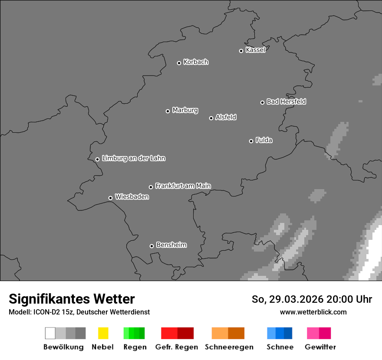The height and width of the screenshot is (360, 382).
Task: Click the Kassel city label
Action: click(x=255, y=50)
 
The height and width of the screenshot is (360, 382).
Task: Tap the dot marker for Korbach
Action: click(x=179, y=63)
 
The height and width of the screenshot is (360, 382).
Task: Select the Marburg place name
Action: click(x=185, y=110)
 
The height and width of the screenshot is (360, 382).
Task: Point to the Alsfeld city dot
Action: click(x=211, y=118)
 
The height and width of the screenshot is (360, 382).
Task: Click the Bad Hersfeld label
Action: click(x=286, y=101)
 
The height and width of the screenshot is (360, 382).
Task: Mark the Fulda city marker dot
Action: click(x=251, y=141)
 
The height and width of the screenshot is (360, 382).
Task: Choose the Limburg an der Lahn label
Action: click(x=133, y=158)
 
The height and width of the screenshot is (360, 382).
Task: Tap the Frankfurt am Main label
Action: click(x=183, y=186)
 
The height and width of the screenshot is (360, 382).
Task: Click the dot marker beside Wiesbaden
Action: click(x=110, y=198)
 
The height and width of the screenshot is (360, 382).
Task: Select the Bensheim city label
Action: click(x=171, y=245)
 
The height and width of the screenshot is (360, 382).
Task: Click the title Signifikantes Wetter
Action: click(x=72, y=299)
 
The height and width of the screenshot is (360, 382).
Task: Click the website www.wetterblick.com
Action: click(x=313, y=312)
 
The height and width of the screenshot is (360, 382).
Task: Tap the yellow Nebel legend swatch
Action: click(x=103, y=333)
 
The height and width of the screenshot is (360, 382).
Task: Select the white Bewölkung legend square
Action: click(x=50, y=333)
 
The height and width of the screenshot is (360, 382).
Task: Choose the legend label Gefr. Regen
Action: click(x=177, y=347)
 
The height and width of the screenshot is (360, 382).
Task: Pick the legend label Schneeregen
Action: click(x=229, y=347)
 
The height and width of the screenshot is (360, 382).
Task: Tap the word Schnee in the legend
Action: click(x=280, y=347)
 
